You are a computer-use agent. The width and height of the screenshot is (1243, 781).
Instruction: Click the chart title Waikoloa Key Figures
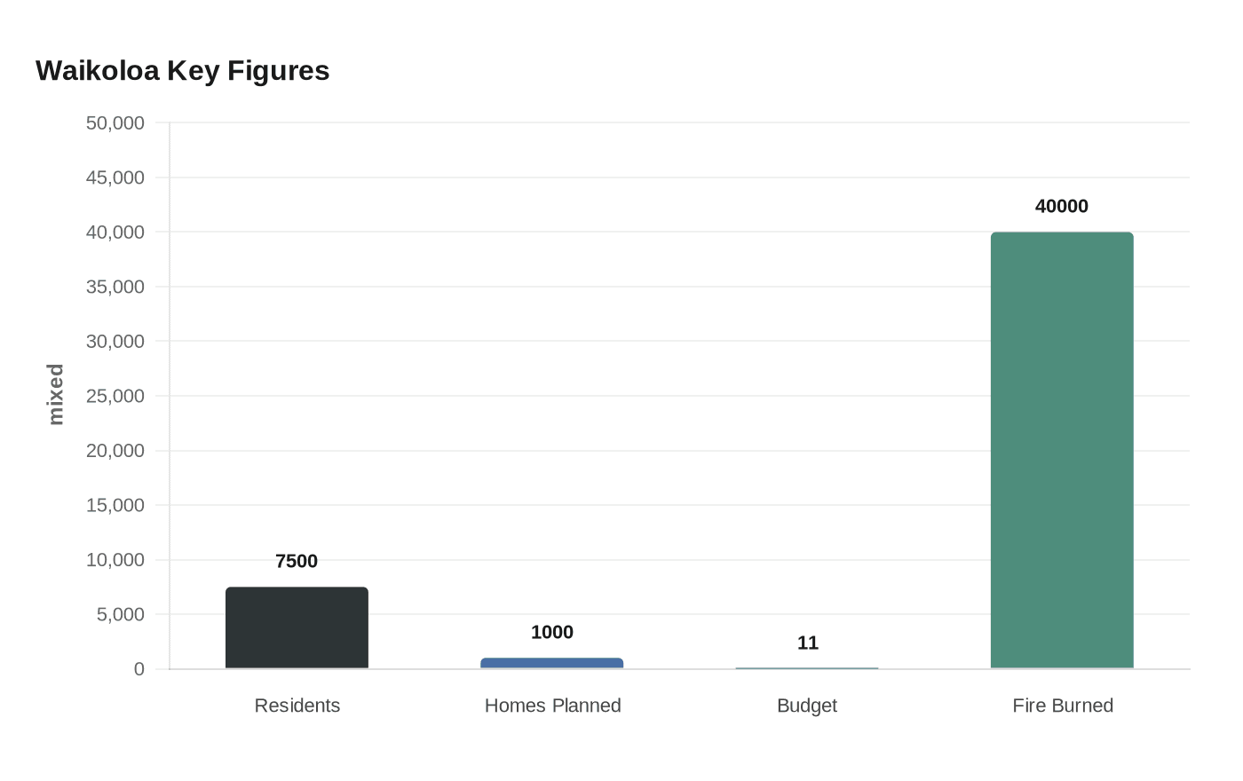182,71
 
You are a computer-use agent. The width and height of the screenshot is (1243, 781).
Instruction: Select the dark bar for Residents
297,627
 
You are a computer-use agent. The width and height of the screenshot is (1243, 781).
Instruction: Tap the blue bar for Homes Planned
551,663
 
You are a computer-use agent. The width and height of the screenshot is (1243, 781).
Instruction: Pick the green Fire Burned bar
1062,450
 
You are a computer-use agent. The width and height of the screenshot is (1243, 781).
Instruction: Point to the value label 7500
297,561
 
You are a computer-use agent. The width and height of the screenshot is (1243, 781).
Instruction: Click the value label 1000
551,632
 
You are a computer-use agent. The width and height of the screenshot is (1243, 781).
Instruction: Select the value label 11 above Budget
807,643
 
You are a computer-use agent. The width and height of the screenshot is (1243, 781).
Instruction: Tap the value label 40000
1062,206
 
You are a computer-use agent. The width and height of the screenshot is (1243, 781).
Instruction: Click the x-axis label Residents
297,706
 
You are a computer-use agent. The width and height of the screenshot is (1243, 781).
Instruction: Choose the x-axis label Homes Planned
552,706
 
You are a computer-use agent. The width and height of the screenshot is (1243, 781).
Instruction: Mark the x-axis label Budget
807,706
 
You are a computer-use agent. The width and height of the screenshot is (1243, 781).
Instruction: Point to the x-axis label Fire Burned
1063,706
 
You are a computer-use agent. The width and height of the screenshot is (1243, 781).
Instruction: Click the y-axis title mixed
56,394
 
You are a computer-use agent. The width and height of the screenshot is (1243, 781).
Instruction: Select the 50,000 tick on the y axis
115,123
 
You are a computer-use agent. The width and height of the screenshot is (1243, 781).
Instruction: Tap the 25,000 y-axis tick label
115,396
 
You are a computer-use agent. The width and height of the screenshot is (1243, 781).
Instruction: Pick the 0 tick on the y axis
139,669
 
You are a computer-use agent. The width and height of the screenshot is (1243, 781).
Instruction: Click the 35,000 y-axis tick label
115,287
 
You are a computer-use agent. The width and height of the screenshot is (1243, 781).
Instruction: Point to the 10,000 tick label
115,560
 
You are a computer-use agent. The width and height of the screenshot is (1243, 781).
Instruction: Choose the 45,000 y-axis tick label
115,177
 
